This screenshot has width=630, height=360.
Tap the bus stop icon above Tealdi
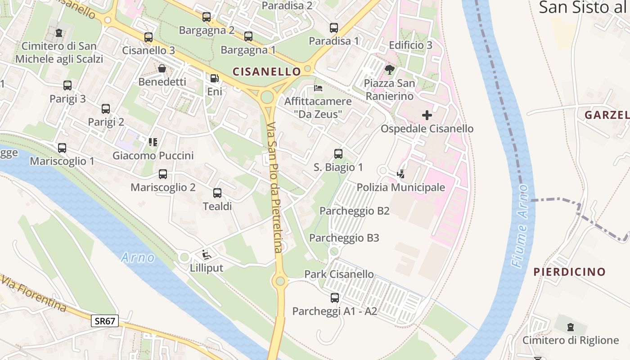click(x=217, y=193)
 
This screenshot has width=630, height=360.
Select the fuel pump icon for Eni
click(x=215, y=78)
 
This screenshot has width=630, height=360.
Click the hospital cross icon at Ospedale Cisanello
click(x=427, y=115)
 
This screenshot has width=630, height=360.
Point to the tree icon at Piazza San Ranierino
click(x=389, y=70)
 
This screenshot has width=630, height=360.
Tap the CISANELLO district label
click(x=266, y=72)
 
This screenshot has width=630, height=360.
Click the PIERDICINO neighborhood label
click(x=569, y=272)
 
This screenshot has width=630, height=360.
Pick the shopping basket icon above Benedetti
click(x=162, y=68)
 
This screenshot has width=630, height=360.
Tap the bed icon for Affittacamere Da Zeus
click(x=318, y=88)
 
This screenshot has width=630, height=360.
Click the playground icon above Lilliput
click(x=206, y=255)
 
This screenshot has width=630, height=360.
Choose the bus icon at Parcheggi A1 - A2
click(x=335, y=297)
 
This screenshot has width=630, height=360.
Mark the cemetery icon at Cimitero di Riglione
click(x=571, y=327)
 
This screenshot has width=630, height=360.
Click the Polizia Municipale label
click(x=400, y=187)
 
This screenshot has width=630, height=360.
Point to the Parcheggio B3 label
click(x=344, y=238)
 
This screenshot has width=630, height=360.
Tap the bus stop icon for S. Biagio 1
click(x=338, y=154)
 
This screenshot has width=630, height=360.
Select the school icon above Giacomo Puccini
click(x=153, y=142)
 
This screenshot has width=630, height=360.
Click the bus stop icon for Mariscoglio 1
click(x=62, y=148)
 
